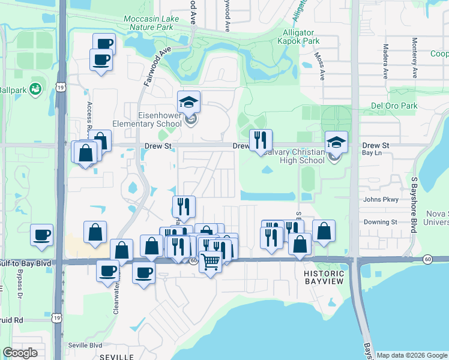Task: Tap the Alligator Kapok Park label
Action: click(x=298, y=38)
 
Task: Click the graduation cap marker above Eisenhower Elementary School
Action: click(x=189, y=101)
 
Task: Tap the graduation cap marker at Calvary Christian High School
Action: click(x=336, y=142)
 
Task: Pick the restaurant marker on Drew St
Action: click(x=261, y=140)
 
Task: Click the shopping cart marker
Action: click(x=210, y=262)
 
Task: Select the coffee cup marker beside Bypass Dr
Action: click(x=41, y=235)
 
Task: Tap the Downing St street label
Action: click(x=381, y=221)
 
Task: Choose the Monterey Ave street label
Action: click(x=414, y=58)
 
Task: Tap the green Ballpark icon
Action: click(x=35, y=89)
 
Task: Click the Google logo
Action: click(x=20, y=353)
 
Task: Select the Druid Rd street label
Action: click(x=11, y=320)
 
